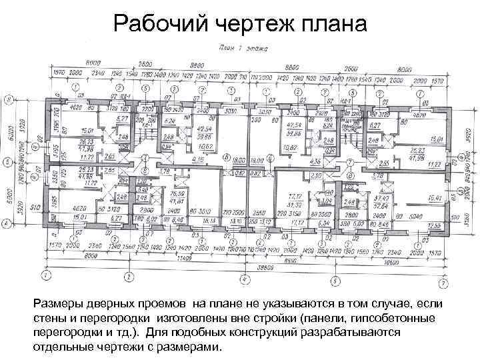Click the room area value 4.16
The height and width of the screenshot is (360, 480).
click(197, 160)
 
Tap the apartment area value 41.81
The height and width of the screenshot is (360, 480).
click(176, 200)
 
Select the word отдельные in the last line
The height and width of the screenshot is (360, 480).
click(64, 347)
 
